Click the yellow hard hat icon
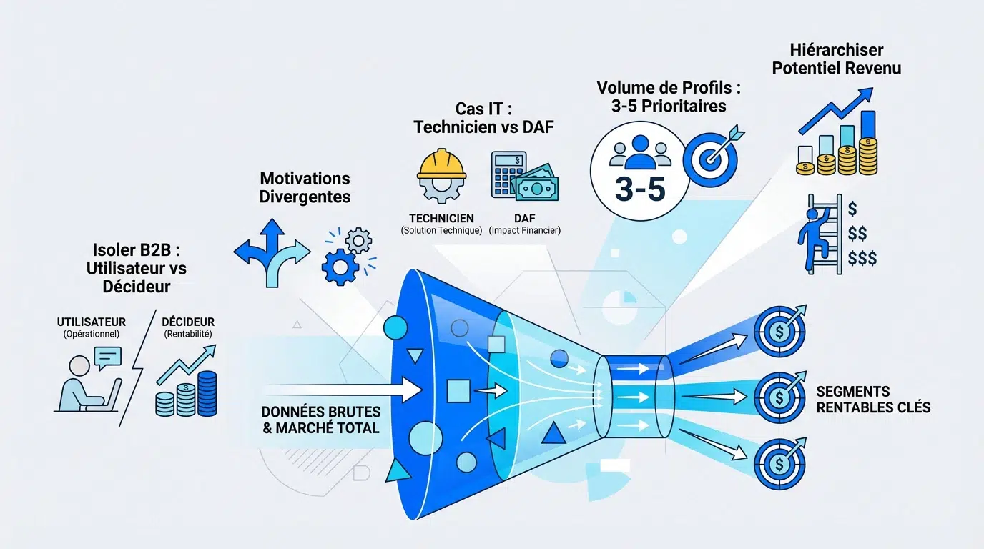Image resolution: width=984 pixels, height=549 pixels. click(441, 165)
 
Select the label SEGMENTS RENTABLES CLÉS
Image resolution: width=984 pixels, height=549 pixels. click(872, 400)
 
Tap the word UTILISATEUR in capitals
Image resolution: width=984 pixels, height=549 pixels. click(92, 322)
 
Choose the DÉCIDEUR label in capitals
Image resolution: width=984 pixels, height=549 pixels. click(188, 322)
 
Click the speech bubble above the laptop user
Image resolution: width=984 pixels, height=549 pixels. click(107, 357)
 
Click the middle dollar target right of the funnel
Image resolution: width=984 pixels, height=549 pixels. click(779, 395)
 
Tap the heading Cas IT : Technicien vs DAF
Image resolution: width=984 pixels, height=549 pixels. click(483, 117)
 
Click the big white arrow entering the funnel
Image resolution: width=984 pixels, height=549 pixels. click(343, 390)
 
